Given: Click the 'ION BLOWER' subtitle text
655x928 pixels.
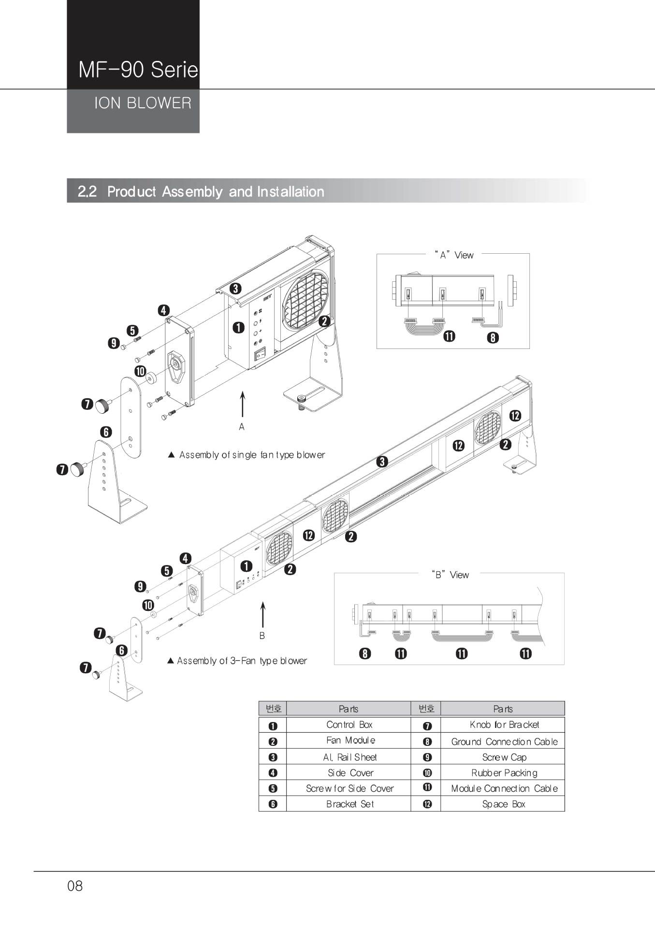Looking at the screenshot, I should [x=143, y=103].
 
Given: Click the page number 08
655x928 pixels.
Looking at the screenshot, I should [x=75, y=885].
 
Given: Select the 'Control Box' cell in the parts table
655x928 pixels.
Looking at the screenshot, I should [x=349, y=725].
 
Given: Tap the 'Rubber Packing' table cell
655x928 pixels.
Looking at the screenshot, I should [x=504, y=773].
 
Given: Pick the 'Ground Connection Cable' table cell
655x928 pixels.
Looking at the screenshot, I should [x=504, y=741].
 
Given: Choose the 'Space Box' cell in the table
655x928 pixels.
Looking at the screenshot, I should [x=504, y=804].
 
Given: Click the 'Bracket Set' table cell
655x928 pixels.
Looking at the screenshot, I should [x=349, y=804].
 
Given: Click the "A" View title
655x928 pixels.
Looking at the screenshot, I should [x=454, y=255].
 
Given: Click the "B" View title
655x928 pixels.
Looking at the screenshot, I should [x=450, y=575].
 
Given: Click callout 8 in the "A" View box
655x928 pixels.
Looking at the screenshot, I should [x=493, y=337].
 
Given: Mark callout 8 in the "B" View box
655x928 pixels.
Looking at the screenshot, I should [x=365, y=654].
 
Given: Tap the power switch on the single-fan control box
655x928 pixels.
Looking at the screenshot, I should [x=261, y=355].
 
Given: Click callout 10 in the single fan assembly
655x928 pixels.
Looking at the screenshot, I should [x=140, y=371].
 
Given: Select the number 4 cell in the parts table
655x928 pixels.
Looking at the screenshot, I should [x=273, y=773].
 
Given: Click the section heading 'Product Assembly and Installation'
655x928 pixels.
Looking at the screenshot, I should [x=215, y=191].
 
